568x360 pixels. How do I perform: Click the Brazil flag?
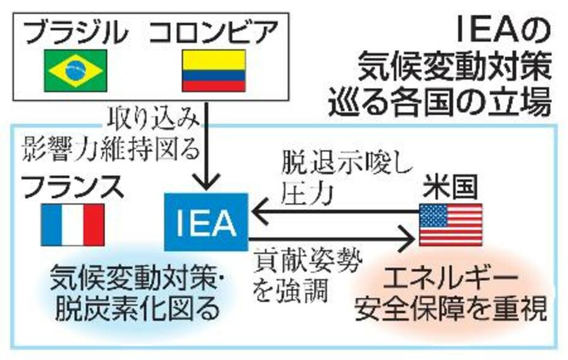76,70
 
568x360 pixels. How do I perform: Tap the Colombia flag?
214,70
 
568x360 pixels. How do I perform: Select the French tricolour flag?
73,225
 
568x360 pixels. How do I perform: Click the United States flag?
450,225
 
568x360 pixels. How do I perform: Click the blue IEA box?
206,222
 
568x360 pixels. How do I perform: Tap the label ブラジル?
76,32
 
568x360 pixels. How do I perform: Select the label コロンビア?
214,32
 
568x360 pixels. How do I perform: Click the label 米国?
450,187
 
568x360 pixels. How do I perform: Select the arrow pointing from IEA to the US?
332,239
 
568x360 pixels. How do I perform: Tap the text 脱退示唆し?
347,166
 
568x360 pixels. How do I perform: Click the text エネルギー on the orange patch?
450,281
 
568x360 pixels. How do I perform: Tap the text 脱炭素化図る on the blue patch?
138,308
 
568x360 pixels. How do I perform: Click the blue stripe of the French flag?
51,225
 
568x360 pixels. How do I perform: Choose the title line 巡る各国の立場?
440,103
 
